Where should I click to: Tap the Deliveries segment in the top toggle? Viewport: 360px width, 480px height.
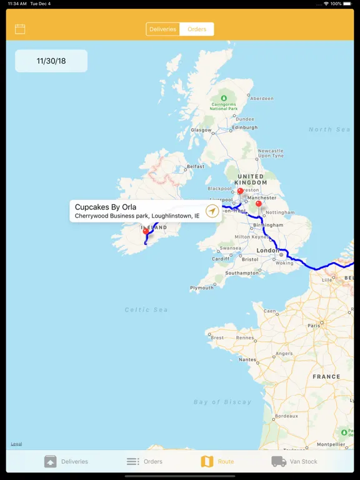pyautogui.click(x=162, y=29)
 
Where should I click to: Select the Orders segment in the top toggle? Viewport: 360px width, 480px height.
pyautogui.click(x=197, y=29)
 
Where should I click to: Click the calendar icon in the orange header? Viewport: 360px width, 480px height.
pyautogui.click(x=20, y=29)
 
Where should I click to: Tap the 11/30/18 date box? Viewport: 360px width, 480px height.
pyautogui.click(x=51, y=61)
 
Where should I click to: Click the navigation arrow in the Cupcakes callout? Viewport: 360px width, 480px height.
pyautogui.click(x=212, y=211)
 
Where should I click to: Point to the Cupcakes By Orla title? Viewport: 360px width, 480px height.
pyautogui.click(x=106, y=207)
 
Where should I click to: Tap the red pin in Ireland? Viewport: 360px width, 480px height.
pyautogui.click(x=146, y=231)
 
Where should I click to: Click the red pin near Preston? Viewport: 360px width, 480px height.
pyautogui.click(x=240, y=191)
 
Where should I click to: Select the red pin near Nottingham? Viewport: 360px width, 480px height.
pyautogui.click(x=259, y=204)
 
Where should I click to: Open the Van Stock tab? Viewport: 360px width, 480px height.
pyautogui.click(x=294, y=461)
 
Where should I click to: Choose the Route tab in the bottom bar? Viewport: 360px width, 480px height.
pyautogui.click(x=217, y=461)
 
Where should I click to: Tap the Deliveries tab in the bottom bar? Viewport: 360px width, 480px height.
pyautogui.click(x=66, y=461)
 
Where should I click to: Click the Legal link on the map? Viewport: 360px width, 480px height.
pyautogui.click(x=16, y=444)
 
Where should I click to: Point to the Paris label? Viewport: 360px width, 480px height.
pyautogui.click(x=314, y=325)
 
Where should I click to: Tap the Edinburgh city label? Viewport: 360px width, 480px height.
pyautogui.click(x=244, y=127)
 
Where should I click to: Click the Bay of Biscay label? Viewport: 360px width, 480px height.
pyautogui.click(x=222, y=402)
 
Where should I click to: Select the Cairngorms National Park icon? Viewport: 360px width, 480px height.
pyautogui.click(x=223, y=97)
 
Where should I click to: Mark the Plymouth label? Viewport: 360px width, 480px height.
pyautogui.click(x=202, y=287)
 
